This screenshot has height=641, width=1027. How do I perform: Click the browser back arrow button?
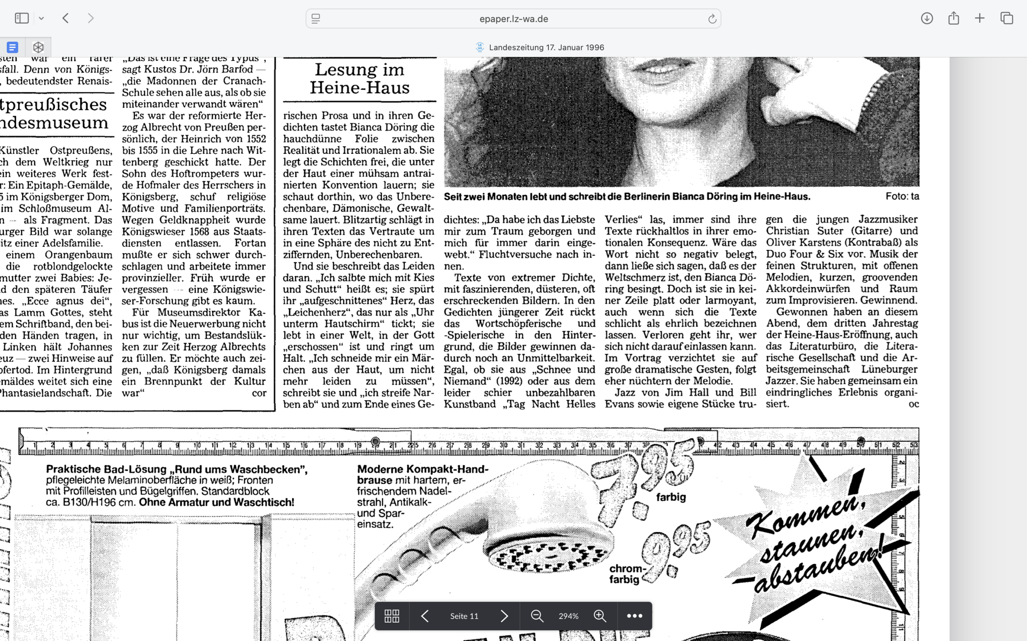tap(66, 18)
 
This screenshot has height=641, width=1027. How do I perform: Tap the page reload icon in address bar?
tap(712, 19)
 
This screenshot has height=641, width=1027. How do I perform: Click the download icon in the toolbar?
tap(926, 18)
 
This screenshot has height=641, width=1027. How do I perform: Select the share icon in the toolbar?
tap(954, 18)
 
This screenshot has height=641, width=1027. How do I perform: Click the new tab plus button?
tap(980, 18)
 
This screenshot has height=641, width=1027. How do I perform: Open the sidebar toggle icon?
tap(22, 18)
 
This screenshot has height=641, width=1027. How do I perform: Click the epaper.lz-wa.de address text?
tap(513, 19)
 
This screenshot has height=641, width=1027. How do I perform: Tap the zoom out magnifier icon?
tap(537, 616)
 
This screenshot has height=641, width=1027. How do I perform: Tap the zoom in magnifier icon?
tap(600, 616)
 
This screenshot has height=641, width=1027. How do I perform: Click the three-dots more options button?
tap(634, 616)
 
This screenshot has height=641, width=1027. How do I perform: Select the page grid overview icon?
tap(392, 616)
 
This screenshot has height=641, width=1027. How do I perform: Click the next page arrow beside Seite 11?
tap(504, 616)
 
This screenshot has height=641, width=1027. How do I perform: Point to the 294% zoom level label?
tap(568, 616)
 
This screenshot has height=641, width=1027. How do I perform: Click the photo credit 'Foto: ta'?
tap(902, 196)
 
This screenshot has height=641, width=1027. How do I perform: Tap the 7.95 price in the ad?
tap(643, 475)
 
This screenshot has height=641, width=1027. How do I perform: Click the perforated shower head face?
tap(550, 555)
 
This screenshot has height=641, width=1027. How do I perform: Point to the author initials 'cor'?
tap(259, 393)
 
